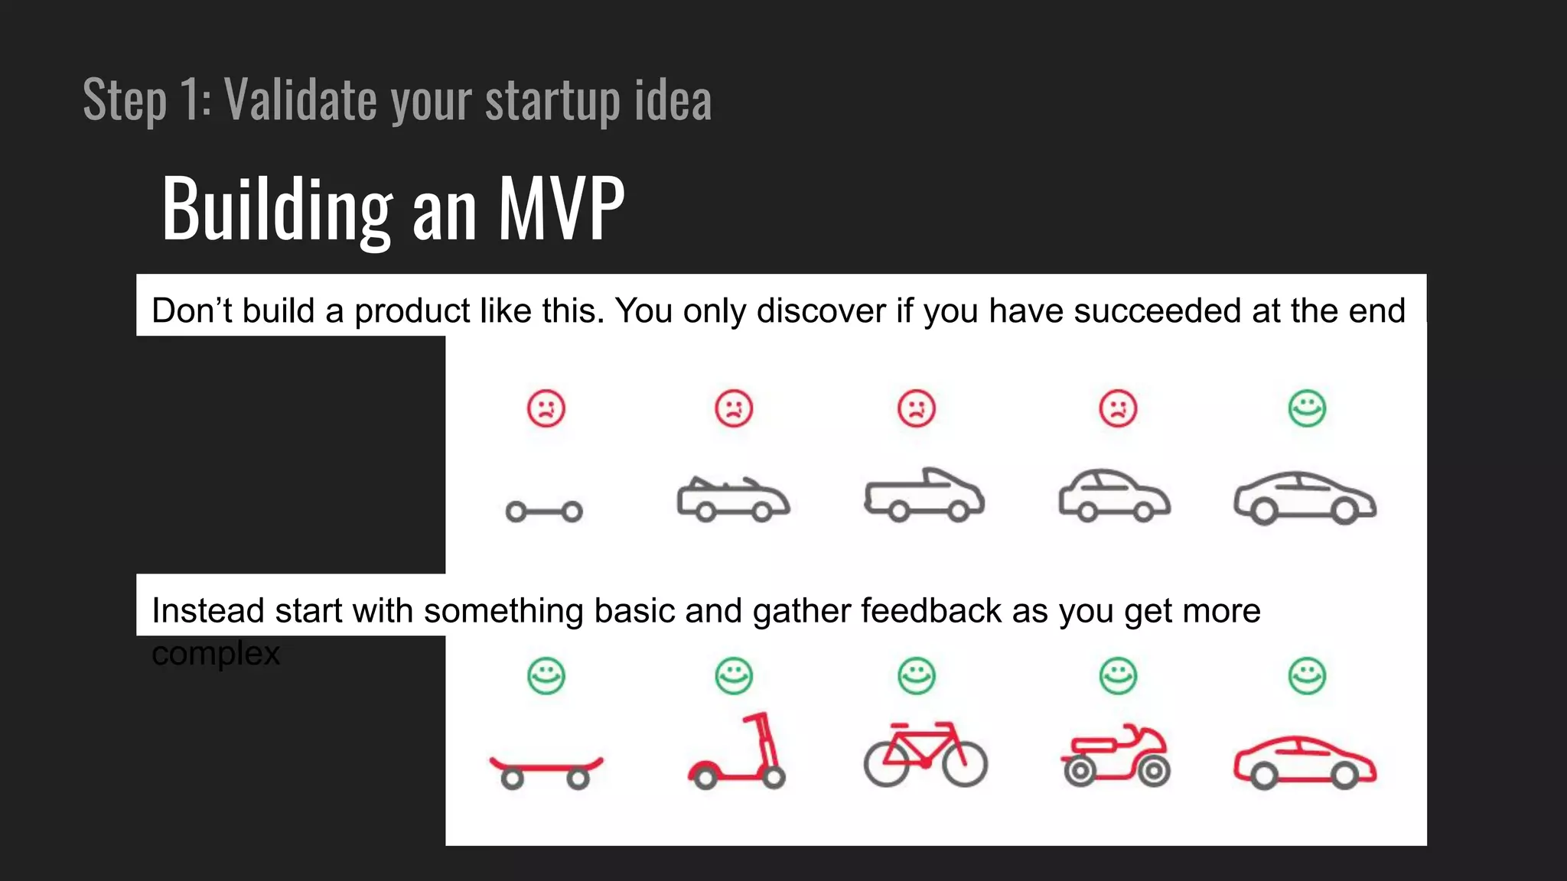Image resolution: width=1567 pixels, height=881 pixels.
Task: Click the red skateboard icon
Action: [x=546, y=769]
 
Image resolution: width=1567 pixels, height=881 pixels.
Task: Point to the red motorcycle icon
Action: [x=1116, y=756]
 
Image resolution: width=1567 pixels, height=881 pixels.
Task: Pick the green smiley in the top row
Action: [x=1307, y=408]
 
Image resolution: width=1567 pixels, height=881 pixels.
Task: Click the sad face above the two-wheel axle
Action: [x=546, y=408]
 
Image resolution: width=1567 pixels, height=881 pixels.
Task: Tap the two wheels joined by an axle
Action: [x=544, y=511]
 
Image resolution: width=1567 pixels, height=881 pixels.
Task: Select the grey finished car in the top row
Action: [x=1305, y=498]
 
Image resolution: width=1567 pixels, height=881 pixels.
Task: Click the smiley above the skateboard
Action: [x=546, y=676]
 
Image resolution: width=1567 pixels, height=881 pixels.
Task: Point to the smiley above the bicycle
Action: [x=916, y=676]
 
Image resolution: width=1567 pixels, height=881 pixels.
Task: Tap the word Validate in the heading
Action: [x=301, y=99]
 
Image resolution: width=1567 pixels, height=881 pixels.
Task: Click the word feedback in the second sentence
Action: [x=930, y=611]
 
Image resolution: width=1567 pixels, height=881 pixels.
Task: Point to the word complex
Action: [x=216, y=654]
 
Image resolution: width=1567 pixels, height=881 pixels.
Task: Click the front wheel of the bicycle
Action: [x=964, y=763]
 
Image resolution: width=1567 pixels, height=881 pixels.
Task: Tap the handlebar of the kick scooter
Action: [x=755, y=718]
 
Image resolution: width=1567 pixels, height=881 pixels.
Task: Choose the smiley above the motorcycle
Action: [x=1118, y=676]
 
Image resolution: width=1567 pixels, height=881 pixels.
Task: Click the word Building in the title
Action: [x=277, y=208]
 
